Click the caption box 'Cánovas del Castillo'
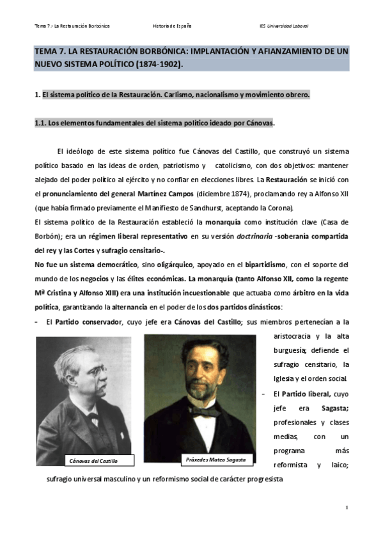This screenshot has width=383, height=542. click(93, 461)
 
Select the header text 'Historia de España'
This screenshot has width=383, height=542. click(172, 26)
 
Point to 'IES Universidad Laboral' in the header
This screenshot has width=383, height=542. click(283, 26)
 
